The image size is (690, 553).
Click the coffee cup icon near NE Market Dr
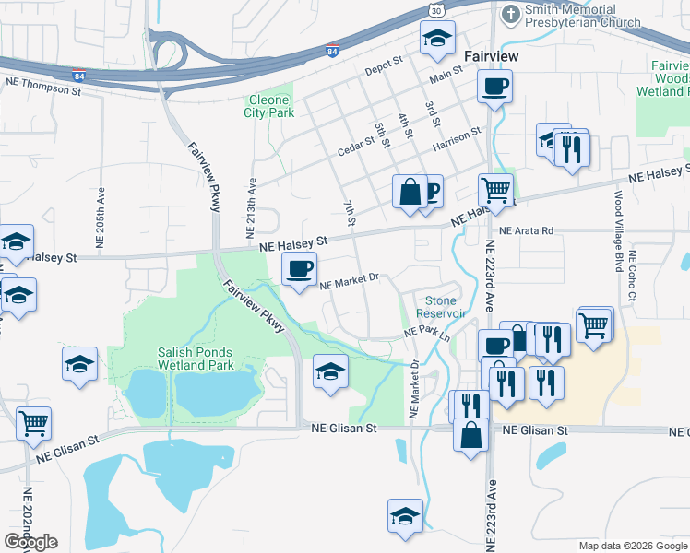(x=298, y=269)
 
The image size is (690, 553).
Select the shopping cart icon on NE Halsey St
(x=496, y=190)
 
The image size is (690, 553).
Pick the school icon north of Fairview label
(x=436, y=38)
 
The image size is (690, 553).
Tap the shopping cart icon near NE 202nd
(x=33, y=423)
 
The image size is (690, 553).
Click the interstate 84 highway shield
(x=331, y=53)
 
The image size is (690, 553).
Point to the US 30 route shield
(x=441, y=8)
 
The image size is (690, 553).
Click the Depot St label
(x=384, y=65)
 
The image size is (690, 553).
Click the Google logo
(x=31, y=542)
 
